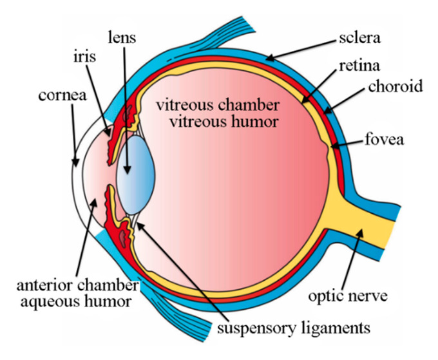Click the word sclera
click(359, 38)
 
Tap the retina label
click(359, 66)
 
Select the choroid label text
click(395, 86)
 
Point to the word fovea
click(385, 139)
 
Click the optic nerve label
click(348, 296)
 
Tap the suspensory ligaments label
click(294, 328)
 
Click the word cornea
click(62, 95)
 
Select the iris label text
click(84, 56)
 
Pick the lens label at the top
click(122, 37)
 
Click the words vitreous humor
click(224, 122)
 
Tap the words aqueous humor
click(76, 302)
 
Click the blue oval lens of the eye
click(136, 175)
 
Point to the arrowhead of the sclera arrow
click(269, 58)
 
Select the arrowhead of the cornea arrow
click(75, 162)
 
